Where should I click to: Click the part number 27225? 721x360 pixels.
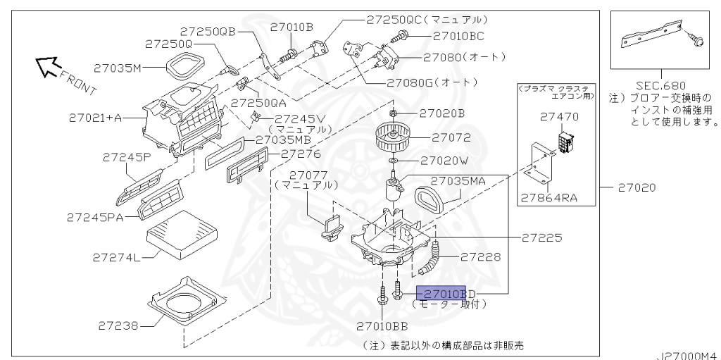[x=541, y=237]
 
